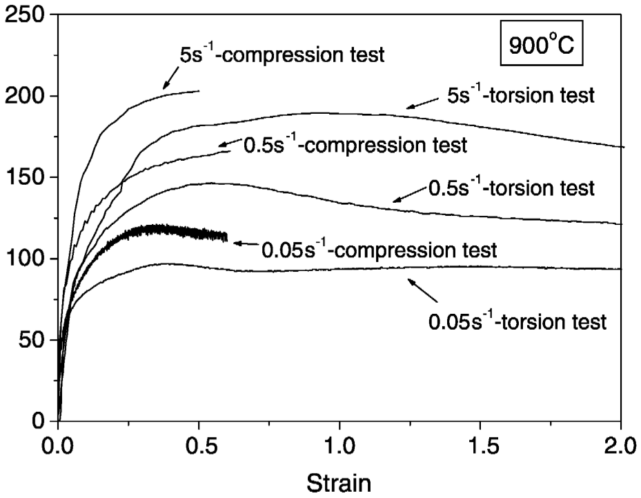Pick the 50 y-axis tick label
pos(32,340)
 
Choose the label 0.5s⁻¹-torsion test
pos(511,188)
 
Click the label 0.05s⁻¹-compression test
pos(378,249)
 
